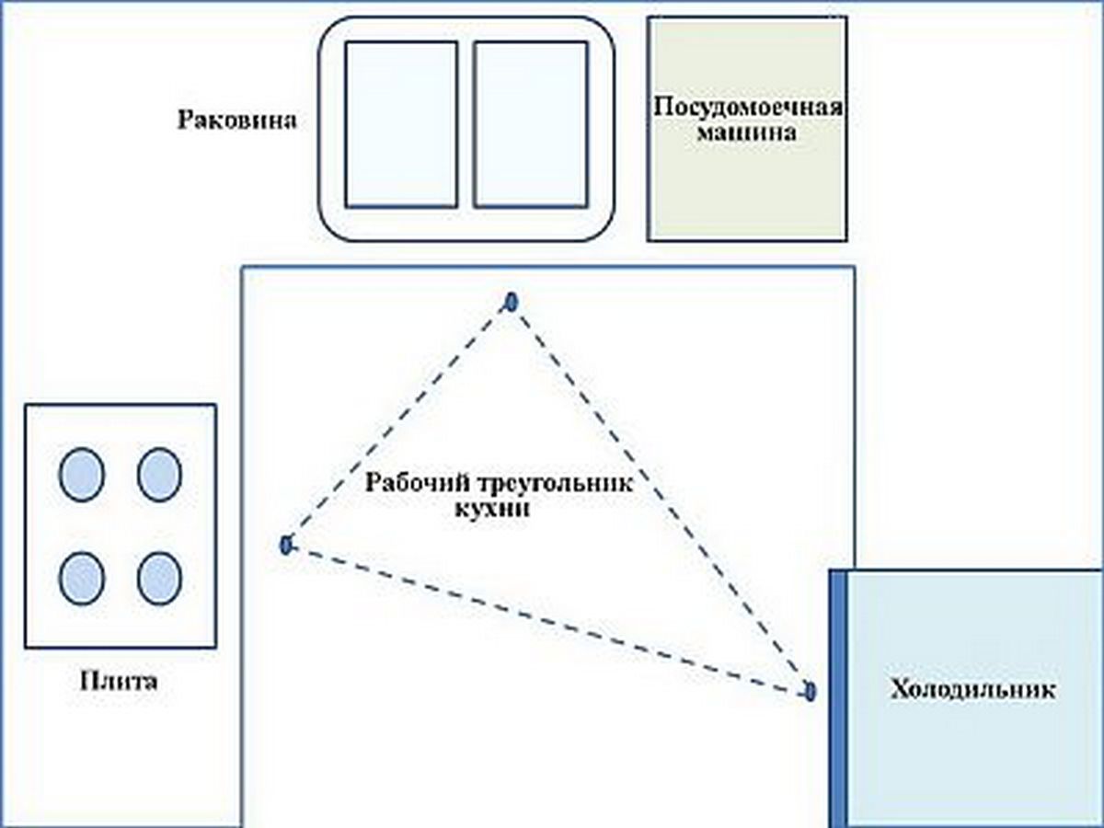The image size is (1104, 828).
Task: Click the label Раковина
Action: tap(236, 121)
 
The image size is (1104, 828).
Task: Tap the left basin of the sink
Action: tap(401, 124)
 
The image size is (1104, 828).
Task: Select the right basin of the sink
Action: tap(531, 124)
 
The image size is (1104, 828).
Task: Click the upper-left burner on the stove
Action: tap(82, 475)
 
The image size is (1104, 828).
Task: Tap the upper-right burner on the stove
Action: tap(160, 475)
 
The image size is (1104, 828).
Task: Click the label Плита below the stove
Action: tap(120, 683)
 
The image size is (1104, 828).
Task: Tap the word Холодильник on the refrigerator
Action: tap(972, 690)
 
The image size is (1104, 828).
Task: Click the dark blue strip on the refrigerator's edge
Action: tap(838, 699)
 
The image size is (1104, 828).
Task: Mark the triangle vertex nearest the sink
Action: tap(512, 301)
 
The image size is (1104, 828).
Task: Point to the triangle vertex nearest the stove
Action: tap(285, 545)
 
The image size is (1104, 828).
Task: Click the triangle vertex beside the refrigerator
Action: tap(810, 691)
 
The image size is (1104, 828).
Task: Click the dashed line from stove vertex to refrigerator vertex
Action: tap(547, 618)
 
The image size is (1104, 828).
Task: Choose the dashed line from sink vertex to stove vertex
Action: tap(398, 423)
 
